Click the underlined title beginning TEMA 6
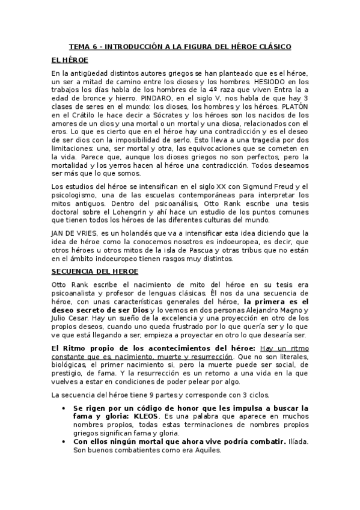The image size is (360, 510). [180, 46]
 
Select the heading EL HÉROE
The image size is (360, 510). [70, 60]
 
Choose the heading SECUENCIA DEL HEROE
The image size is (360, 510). [95, 271]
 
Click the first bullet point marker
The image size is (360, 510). [65, 407]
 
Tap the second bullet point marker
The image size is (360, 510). [65, 441]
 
